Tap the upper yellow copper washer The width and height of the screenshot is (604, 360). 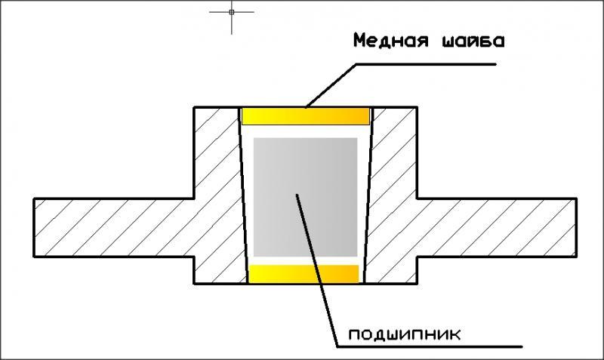305,115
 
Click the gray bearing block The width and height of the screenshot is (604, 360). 305,196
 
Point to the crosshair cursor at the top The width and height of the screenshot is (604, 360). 232,12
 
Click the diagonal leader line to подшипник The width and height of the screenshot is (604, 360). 317,264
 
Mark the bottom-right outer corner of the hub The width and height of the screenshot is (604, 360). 417,284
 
